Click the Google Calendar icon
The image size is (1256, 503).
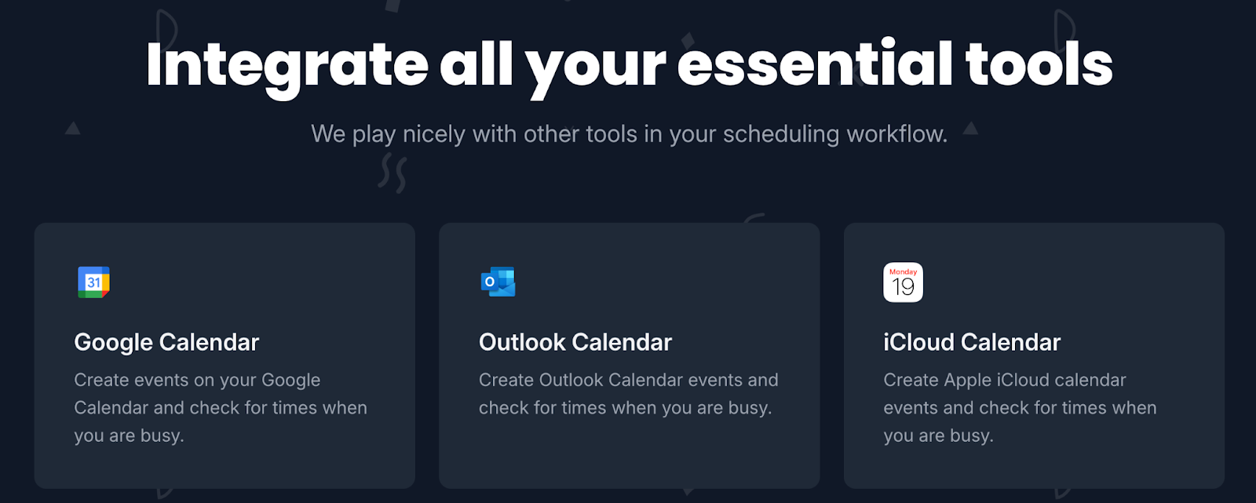(x=93, y=282)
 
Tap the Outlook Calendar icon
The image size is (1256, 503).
(x=498, y=282)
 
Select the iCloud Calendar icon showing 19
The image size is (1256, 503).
(x=903, y=282)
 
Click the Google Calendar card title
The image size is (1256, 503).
(x=166, y=343)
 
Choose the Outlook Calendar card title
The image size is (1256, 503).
(x=575, y=343)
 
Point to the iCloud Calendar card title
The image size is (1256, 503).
(x=972, y=343)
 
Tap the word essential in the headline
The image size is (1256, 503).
(x=815, y=64)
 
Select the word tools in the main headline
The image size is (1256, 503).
(x=1039, y=66)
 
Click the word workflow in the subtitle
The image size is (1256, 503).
(x=896, y=134)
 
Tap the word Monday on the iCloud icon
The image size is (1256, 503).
(x=903, y=272)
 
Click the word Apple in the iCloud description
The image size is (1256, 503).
(x=968, y=381)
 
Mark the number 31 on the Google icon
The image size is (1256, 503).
(x=93, y=282)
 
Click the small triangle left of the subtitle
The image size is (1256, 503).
(x=72, y=129)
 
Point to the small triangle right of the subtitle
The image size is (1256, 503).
(x=970, y=129)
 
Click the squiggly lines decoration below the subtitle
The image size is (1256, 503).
(x=392, y=174)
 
